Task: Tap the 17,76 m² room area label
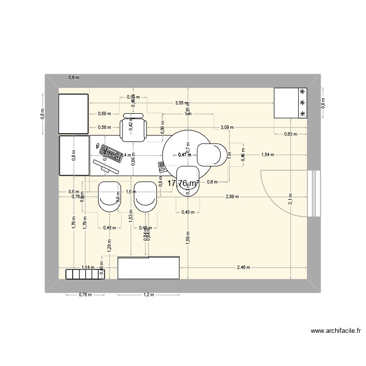click(183, 183)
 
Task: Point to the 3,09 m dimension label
click(227, 127)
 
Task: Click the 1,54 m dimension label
click(267, 155)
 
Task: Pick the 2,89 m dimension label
click(232, 196)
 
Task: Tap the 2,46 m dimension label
click(243, 267)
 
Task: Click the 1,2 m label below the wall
click(148, 295)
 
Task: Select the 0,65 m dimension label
click(290, 134)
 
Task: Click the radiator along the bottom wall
click(85, 274)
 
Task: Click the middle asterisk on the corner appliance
click(303, 103)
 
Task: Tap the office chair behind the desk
click(133, 128)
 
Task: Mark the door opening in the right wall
click(315, 193)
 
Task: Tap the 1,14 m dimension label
click(88, 267)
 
